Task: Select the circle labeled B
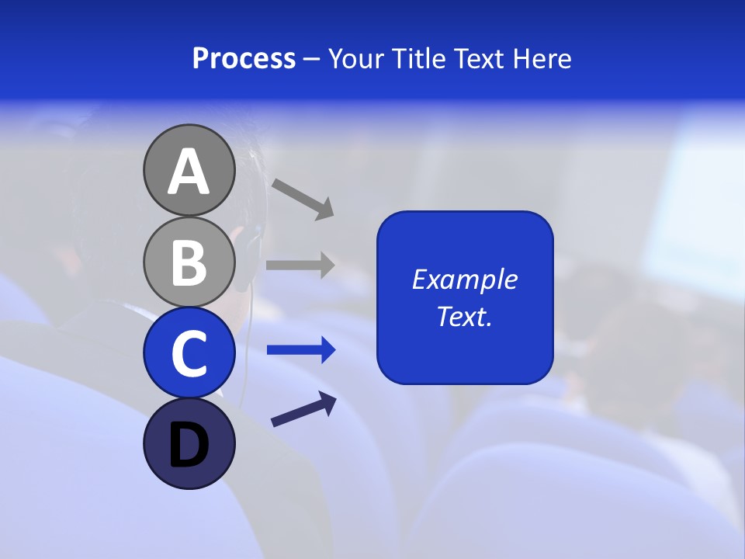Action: pos(189,262)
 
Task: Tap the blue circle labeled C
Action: pos(189,352)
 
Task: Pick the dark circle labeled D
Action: pos(189,443)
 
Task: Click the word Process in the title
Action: pos(244,58)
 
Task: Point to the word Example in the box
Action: pos(464,279)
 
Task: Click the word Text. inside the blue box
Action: pos(464,317)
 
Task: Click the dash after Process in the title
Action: pos(311,60)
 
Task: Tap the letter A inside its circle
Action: pos(189,172)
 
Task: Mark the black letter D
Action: pos(189,446)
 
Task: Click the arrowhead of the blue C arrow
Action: pos(328,350)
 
